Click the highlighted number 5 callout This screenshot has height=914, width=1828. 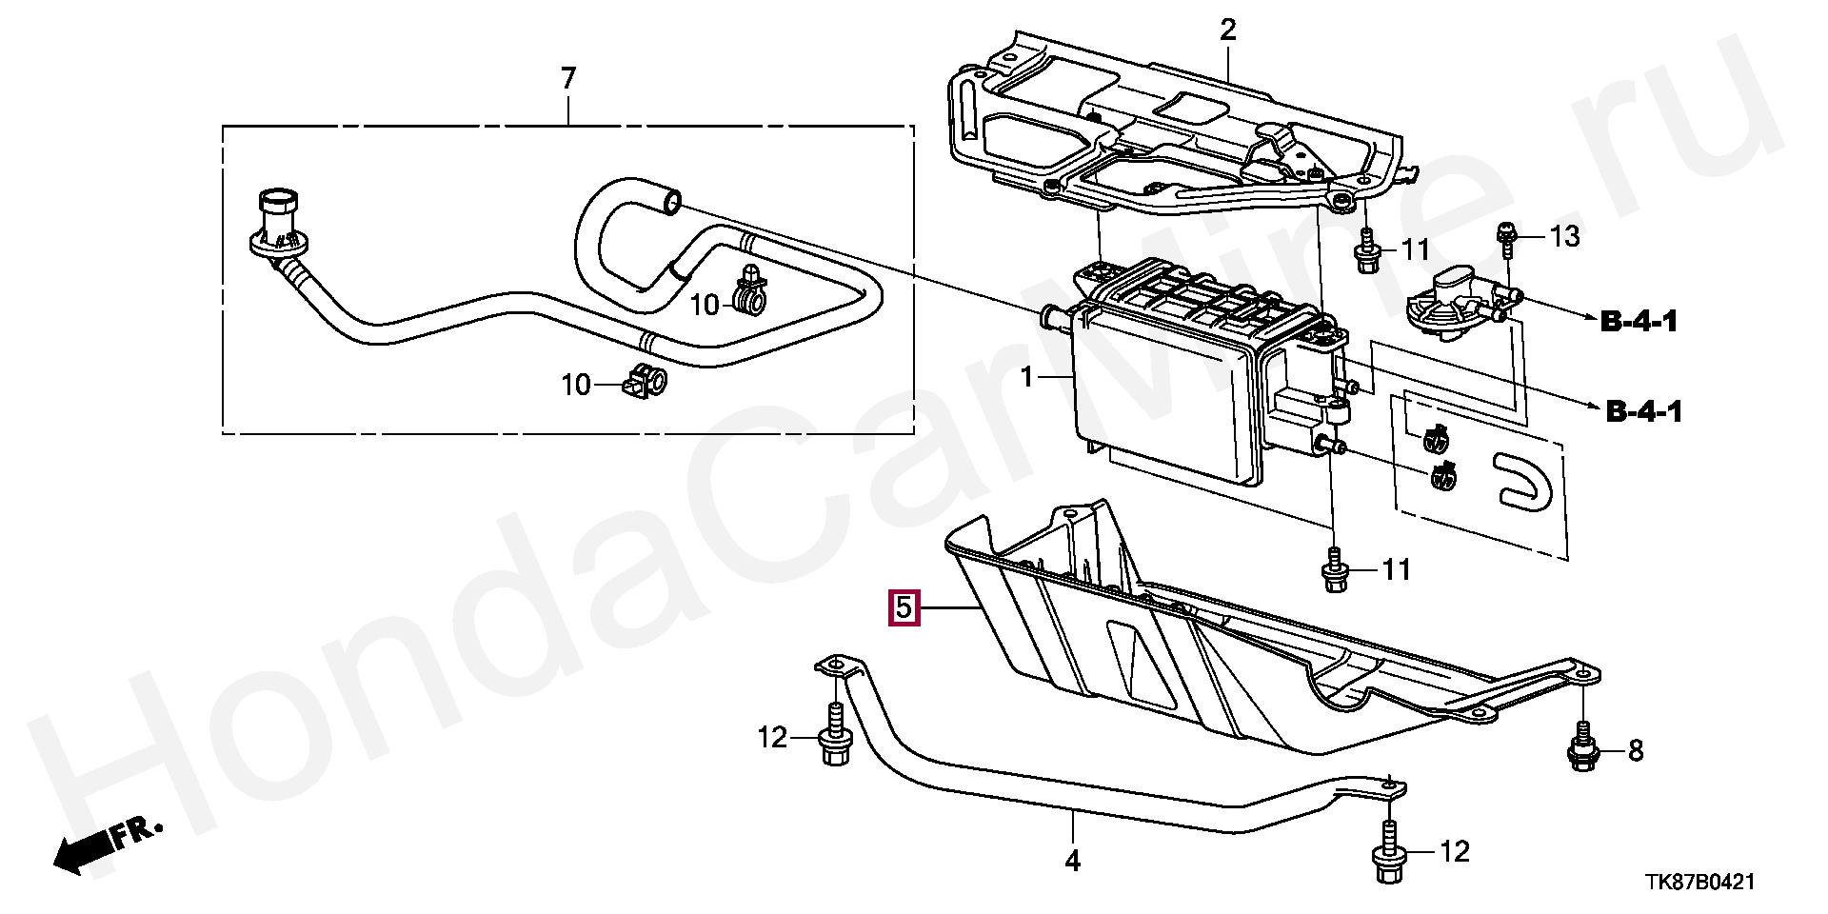(x=903, y=607)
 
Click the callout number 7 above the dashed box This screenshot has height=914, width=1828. (x=568, y=78)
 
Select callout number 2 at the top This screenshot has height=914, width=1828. (x=1228, y=30)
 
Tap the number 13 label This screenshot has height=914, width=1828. (x=1564, y=236)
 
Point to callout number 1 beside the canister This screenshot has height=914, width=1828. (x=1027, y=378)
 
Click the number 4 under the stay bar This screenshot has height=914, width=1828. (x=1072, y=861)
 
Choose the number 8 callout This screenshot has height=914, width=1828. (x=1636, y=751)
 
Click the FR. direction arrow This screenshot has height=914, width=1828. (x=105, y=845)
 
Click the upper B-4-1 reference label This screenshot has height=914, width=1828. (x=1639, y=322)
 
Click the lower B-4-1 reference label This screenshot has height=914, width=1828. (x=1644, y=411)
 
